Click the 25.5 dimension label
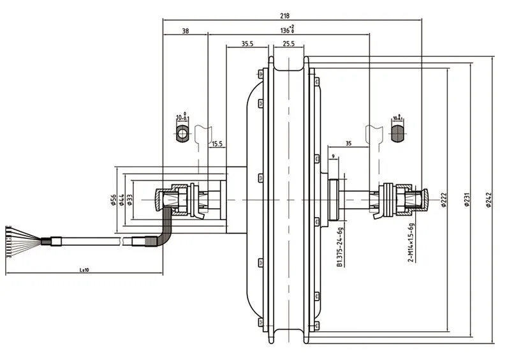(288, 44)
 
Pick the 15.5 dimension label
(217, 144)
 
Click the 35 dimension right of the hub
(348, 144)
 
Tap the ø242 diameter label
(490, 199)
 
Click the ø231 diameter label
(466, 199)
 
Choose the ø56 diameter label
(112, 200)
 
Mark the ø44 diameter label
(121, 200)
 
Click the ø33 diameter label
(130, 200)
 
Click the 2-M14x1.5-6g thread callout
(411, 242)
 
